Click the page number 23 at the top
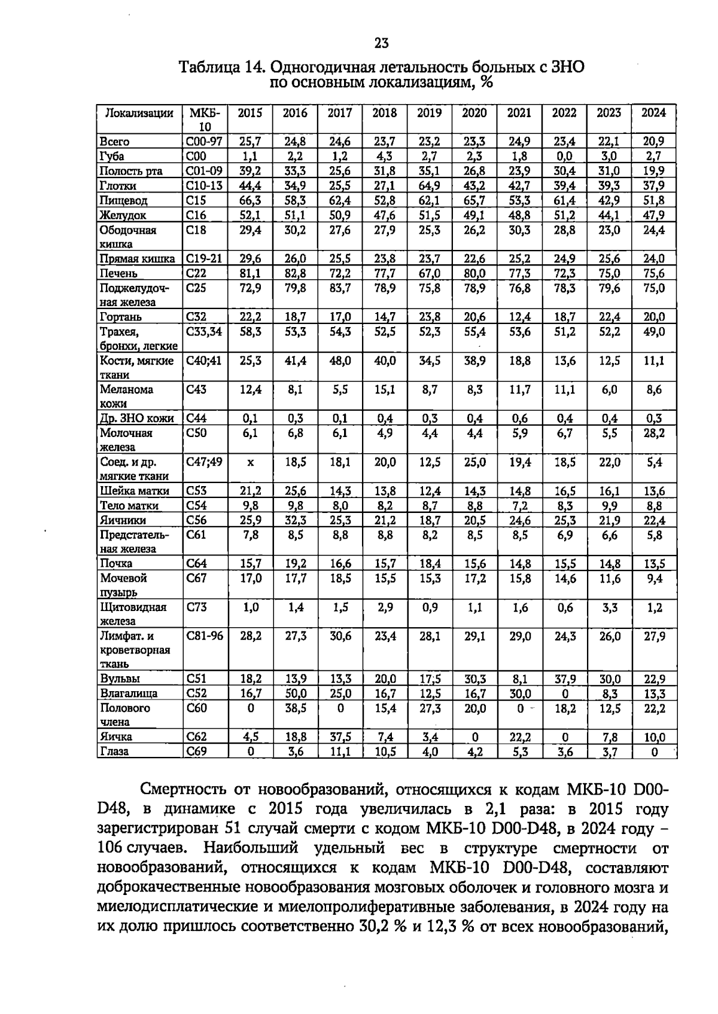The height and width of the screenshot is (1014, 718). coord(381,43)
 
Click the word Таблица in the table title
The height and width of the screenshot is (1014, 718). coord(210,67)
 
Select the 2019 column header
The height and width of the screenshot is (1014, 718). coord(429,113)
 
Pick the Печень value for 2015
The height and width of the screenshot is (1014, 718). coord(250,273)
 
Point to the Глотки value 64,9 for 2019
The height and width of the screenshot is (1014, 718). coord(429,186)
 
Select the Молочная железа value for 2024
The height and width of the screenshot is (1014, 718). coord(653,433)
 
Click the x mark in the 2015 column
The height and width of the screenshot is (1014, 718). coord(250,463)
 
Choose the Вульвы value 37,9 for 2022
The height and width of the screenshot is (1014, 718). coord(564,679)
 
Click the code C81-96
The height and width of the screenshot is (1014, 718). coord(205,636)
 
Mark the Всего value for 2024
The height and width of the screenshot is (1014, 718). coord(653,142)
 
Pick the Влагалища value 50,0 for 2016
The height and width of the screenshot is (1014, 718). coord(295,694)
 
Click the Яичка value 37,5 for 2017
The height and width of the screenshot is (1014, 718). coord(340,737)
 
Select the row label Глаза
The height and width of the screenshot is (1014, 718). coord(114,752)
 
